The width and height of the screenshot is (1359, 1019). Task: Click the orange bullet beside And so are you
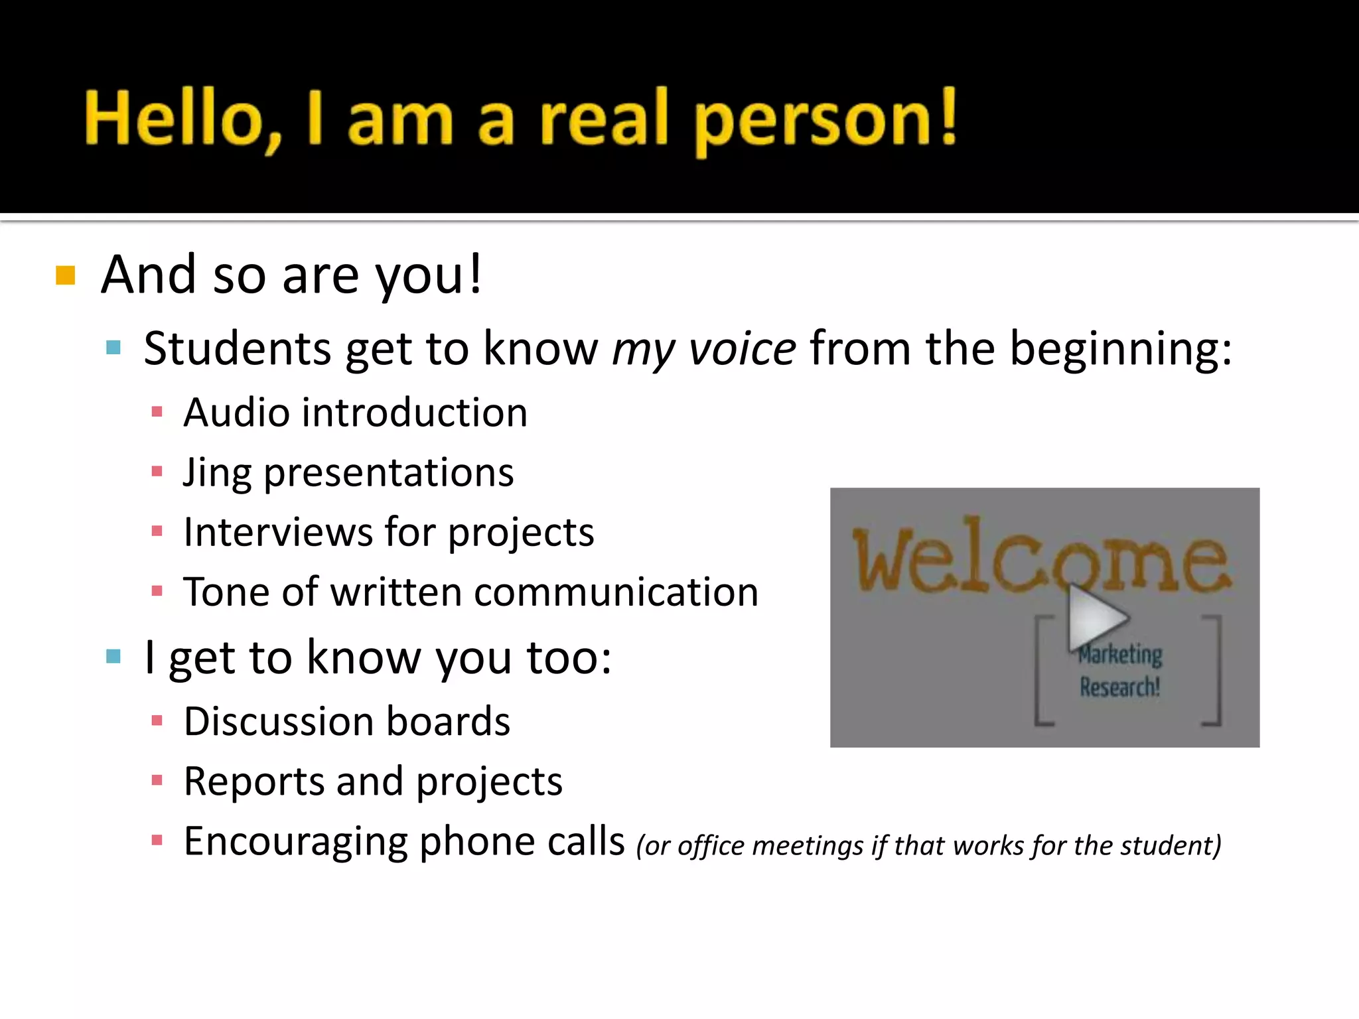pyautogui.click(x=65, y=275)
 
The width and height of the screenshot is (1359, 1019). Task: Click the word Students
pyautogui.click(x=237, y=349)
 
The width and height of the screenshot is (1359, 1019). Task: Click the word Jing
pyautogui.click(x=216, y=474)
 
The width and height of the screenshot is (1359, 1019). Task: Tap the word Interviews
pyautogui.click(x=278, y=532)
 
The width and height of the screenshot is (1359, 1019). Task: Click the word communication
pyautogui.click(x=616, y=592)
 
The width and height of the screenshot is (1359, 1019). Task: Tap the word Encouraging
pyautogui.click(x=295, y=841)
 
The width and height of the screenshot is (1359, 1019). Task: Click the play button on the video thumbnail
pyautogui.click(x=1095, y=617)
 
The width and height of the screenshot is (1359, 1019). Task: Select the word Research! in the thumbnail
pyautogui.click(x=1120, y=687)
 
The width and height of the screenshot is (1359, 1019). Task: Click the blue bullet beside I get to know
pyautogui.click(x=113, y=657)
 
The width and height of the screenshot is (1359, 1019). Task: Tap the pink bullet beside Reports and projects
pyautogui.click(x=157, y=781)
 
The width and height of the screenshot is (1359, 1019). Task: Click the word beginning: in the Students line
pyautogui.click(x=1121, y=349)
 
